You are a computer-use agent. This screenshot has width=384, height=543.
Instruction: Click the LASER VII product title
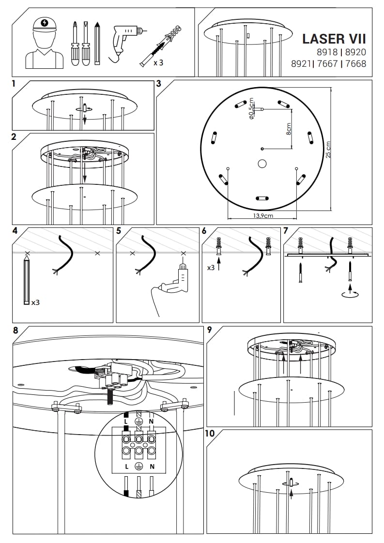tap(334, 39)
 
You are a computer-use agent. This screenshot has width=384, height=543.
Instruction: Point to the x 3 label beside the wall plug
tap(158, 63)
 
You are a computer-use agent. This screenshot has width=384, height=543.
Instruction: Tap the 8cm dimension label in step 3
tap(289, 128)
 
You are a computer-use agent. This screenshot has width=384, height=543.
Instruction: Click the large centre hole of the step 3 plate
tap(262, 164)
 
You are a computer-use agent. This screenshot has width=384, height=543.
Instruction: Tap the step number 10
tap(210, 433)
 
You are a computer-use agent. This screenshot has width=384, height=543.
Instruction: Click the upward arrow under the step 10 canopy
tap(291, 494)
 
